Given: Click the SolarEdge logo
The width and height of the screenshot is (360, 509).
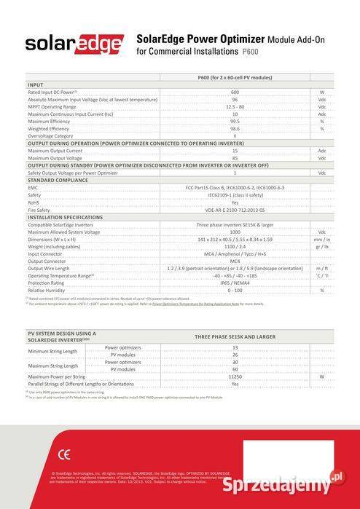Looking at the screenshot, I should point(74,44).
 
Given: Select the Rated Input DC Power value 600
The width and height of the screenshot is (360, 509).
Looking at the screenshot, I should point(235,92).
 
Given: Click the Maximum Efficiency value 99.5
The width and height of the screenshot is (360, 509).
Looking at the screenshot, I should point(235,121).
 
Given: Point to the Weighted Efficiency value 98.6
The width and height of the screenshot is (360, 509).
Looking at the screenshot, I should point(235,128).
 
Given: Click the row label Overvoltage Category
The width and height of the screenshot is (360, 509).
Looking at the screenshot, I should point(50,135).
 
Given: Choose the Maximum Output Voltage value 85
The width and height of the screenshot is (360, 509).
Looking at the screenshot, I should point(235,158).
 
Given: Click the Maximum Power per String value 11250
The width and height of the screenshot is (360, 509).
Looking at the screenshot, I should point(235,376).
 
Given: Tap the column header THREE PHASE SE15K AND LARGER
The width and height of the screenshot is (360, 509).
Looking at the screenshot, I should point(235,337).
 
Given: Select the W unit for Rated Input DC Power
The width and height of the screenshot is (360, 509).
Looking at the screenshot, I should point(321,92).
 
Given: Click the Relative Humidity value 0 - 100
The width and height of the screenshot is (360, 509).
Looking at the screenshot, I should point(235,290).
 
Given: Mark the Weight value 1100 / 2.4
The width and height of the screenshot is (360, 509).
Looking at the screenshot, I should point(235,246).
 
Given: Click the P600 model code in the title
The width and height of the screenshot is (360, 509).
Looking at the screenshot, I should point(250,52).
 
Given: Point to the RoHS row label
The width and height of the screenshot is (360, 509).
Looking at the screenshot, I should point(34,202).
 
